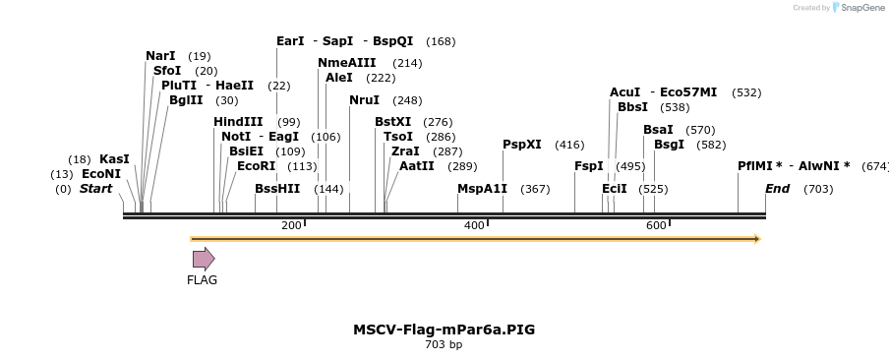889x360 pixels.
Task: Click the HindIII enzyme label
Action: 238,122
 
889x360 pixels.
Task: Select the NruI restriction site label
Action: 364,100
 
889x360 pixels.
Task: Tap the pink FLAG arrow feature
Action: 204,259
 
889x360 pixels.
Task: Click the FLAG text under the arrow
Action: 203,280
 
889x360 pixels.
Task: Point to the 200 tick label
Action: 291,226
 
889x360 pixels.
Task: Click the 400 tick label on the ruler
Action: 474,226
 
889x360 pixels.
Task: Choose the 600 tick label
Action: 656,226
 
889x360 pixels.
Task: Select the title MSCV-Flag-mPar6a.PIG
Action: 444,330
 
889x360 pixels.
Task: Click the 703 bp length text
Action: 444,344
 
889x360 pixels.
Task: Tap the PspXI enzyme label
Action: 522,145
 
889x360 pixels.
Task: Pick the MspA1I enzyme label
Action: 482,189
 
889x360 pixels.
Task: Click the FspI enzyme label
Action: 589,166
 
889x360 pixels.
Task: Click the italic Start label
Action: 95,189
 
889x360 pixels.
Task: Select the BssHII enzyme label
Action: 277,189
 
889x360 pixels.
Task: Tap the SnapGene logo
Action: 859,8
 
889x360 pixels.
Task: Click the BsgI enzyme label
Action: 669,145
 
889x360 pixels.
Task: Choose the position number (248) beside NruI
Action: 407,100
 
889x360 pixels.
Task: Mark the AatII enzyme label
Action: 417,166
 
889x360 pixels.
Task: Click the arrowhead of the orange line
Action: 756,238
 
